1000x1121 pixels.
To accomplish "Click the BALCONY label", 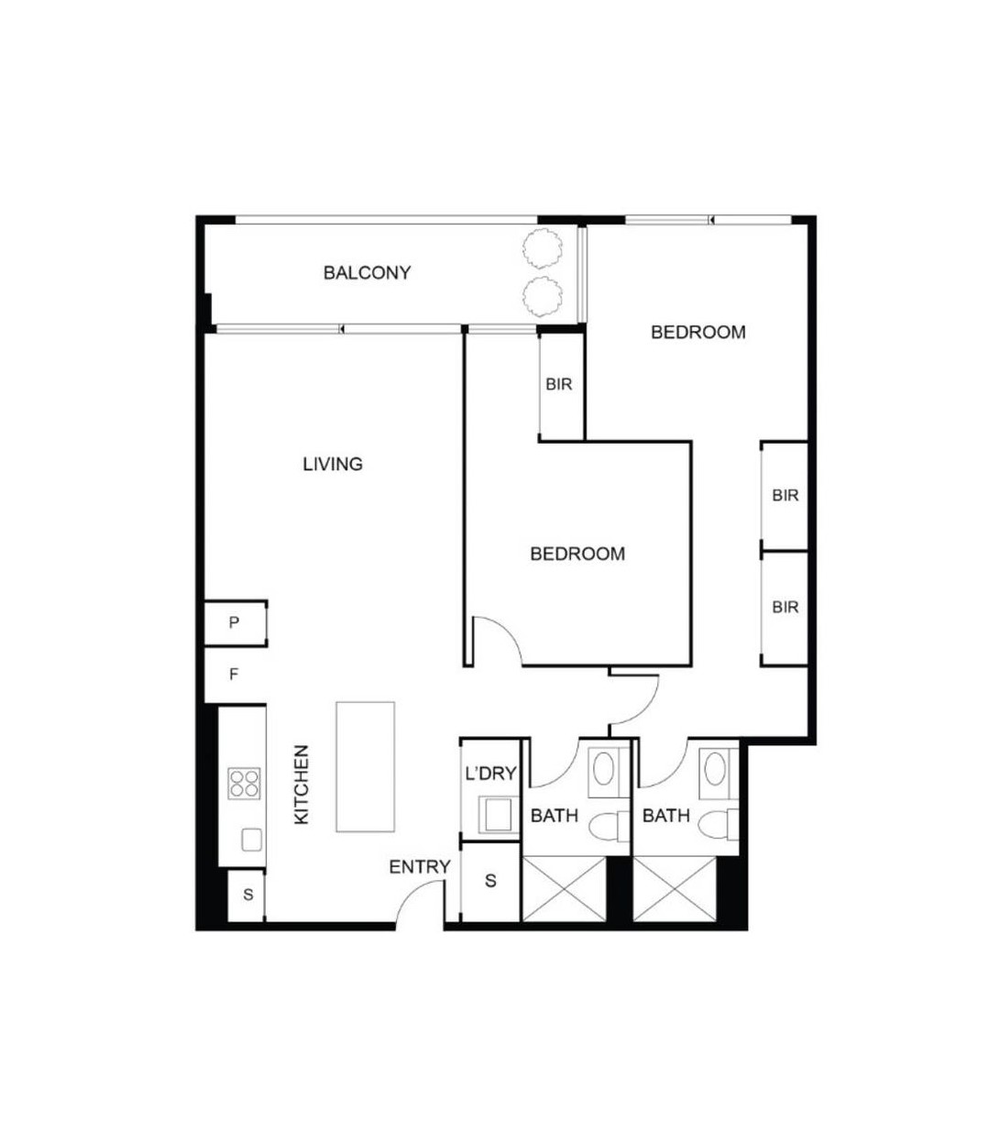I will pos(367,272).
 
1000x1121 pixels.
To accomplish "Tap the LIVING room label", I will pos(333,464).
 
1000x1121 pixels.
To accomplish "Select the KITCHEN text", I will pos(302,784).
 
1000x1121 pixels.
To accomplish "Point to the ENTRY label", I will pos(420,867).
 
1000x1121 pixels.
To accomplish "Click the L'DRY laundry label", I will pos(490,774).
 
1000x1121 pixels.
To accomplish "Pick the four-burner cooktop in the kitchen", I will pos(244,784).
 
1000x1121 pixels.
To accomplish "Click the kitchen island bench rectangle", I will pos(365,766).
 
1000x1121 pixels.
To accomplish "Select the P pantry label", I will pos(234,623).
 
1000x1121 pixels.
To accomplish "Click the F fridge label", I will pos(234,675).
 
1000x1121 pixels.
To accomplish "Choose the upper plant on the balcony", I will pos(541,246).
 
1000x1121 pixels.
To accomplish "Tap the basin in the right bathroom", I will pos(716,767).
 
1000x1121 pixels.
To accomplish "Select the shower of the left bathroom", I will pos(564,889).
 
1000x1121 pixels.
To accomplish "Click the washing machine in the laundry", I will pos(498,814).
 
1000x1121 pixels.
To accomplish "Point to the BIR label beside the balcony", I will pos(559,384).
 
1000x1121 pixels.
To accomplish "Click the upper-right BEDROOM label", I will pos(698,332).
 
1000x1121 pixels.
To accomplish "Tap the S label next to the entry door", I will pos(490,881).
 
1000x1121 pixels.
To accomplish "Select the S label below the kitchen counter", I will pos(247,895).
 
